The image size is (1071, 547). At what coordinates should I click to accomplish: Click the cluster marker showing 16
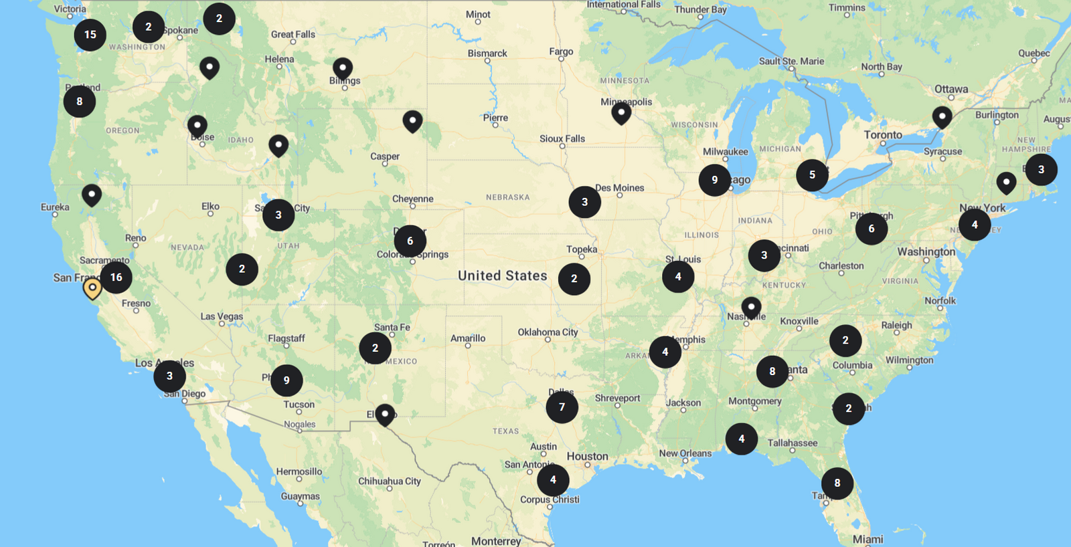(116, 278)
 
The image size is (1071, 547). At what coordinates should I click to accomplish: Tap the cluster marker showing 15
(90, 35)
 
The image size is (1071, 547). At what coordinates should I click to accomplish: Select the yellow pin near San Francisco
(92, 288)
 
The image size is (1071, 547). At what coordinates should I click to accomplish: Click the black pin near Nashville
(751, 307)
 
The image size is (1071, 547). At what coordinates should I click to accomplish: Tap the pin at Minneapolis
(621, 112)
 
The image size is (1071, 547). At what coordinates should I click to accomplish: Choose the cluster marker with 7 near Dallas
(562, 407)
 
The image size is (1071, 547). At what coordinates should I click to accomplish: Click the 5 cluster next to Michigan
(812, 175)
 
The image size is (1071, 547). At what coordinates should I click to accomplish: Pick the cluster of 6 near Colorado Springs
(410, 241)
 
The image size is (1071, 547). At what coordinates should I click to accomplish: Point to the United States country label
(502, 276)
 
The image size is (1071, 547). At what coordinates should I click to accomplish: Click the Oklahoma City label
(548, 332)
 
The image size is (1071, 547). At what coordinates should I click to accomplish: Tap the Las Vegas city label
(222, 316)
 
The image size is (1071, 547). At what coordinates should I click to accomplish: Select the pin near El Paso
(385, 414)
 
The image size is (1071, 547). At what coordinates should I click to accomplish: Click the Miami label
(868, 539)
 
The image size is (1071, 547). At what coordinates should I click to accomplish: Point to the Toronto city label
(883, 135)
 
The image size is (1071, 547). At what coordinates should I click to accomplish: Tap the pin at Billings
(343, 68)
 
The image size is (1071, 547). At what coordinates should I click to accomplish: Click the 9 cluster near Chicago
(714, 180)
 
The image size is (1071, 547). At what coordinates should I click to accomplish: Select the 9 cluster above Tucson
(286, 380)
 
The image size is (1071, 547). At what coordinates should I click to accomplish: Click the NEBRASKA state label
(507, 197)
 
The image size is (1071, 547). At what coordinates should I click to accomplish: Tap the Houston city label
(587, 456)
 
